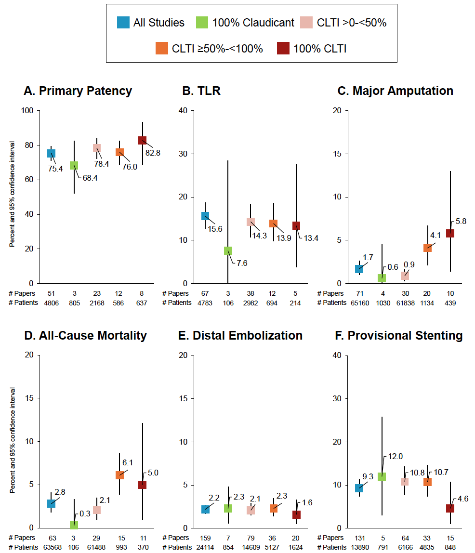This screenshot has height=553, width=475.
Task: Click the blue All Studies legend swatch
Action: pyautogui.click(x=123, y=22)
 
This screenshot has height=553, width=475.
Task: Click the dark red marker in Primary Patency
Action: pyautogui.click(x=143, y=140)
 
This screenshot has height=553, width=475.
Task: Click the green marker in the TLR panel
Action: pyautogui.click(x=228, y=250)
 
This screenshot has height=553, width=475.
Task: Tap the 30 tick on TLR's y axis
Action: pyautogui.click(x=184, y=154)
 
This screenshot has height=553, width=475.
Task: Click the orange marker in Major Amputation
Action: pyautogui.click(x=427, y=248)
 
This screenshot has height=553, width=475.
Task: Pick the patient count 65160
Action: pyautogui.click(x=359, y=303)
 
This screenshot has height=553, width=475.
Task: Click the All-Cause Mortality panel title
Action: pyautogui.click(x=85, y=335)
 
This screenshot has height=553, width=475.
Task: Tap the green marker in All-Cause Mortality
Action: pyautogui.click(x=74, y=525)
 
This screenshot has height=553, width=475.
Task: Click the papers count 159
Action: pyautogui.click(x=205, y=538)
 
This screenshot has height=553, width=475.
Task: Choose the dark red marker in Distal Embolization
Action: pyautogui.click(x=297, y=514)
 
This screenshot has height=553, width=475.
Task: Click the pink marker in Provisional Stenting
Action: pyautogui.click(x=405, y=481)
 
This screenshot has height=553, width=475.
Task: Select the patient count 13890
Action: pyautogui.click(x=359, y=547)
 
